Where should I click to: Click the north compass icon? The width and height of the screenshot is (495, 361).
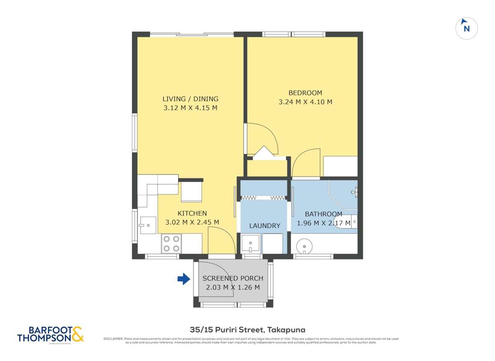tap(466, 28)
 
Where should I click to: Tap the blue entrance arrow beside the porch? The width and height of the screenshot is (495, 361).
tap(183, 279)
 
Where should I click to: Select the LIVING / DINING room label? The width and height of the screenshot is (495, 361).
tap(190, 99)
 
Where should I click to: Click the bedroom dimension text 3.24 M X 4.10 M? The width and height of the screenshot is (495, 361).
tap(305, 102)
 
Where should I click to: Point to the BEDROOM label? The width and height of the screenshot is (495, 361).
tap(305, 93)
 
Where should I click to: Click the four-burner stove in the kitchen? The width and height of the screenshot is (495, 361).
tap(171, 243)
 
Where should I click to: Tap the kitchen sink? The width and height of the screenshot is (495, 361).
tap(147, 225)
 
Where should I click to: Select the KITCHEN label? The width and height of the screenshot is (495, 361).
tap(192, 213)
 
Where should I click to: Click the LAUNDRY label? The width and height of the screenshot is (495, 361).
tap(264, 226)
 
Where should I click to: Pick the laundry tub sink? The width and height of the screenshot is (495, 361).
tap(250, 244)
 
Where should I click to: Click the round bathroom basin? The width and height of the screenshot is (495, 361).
tap(304, 246)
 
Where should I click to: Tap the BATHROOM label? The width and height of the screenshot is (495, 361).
tap(323, 214)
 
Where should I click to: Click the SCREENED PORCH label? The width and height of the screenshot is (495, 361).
tap(233, 278)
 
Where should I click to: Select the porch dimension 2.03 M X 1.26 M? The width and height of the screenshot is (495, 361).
tap(233, 288)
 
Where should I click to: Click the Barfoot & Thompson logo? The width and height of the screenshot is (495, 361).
tap(50, 334)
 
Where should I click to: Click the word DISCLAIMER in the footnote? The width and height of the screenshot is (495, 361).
tap(113, 339)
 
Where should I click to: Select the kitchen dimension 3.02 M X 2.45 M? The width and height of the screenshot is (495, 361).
tap(192, 222)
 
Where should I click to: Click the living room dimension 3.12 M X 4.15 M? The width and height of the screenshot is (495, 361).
tap(190, 108)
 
